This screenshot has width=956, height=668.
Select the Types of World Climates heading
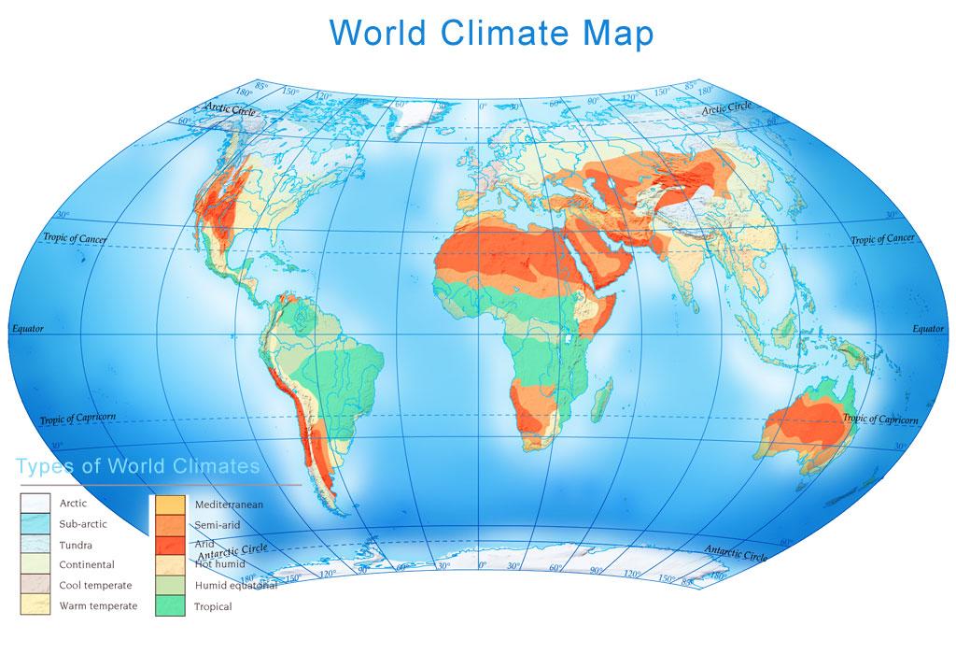(137, 465)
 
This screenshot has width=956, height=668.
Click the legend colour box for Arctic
(35, 504)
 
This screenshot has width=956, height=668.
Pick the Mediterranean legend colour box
(169, 505)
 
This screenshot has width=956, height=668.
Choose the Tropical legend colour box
(169, 606)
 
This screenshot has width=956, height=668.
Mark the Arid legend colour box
(169, 545)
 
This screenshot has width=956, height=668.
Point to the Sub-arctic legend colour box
(35, 524)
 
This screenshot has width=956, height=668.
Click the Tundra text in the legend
(76, 545)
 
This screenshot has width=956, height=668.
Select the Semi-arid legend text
(217, 525)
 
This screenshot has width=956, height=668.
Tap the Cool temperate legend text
(95, 586)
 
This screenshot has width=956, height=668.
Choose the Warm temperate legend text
(98, 606)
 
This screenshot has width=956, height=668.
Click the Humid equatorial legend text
(235, 586)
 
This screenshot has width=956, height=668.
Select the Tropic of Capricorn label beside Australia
(880, 419)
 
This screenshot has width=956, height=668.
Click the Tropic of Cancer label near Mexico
(75, 238)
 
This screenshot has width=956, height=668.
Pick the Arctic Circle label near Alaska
(231, 109)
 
